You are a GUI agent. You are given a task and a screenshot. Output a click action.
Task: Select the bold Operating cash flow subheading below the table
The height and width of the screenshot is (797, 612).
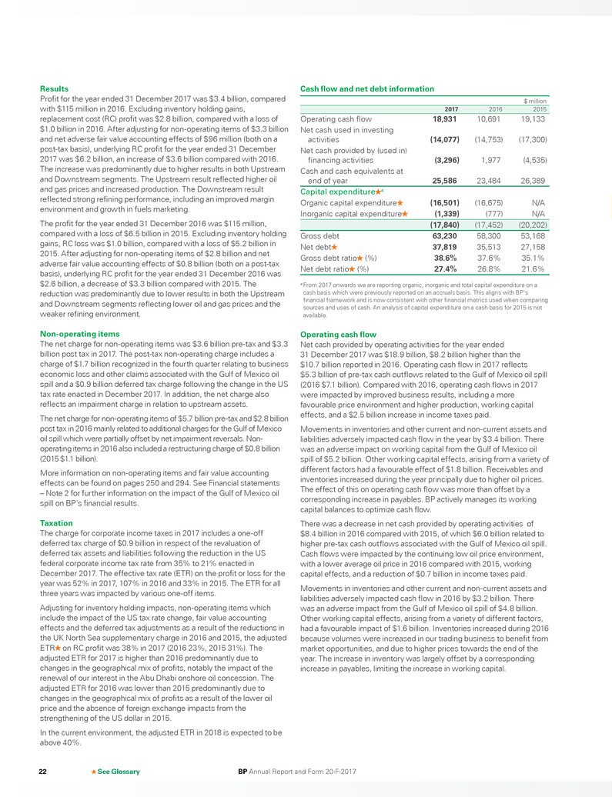pyautogui.click(x=338, y=334)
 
